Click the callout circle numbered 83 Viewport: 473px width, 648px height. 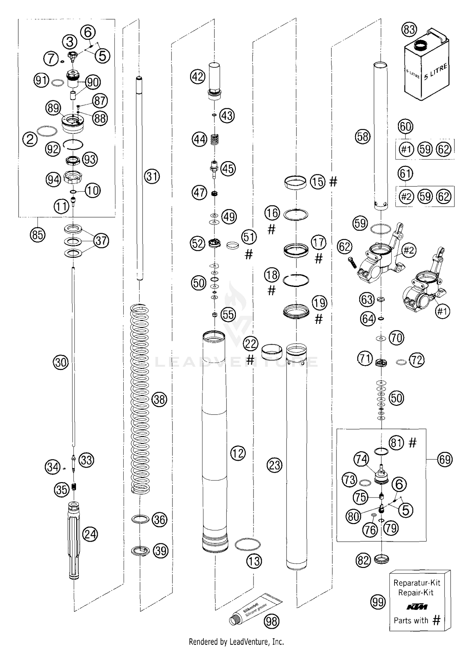pos(409,30)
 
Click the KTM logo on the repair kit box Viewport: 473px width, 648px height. pos(417,607)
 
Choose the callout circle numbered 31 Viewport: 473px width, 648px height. pos(152,177)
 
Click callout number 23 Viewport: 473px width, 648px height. pos(275,465)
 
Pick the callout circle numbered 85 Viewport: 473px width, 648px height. pos(38,235)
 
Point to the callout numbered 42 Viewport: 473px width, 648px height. pos(198,76)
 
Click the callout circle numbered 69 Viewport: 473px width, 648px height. pos(445,459)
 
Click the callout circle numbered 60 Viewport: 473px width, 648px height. pos(406,126)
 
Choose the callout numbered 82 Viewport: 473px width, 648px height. pos(363,560)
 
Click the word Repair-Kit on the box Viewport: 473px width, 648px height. pos(416,593)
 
